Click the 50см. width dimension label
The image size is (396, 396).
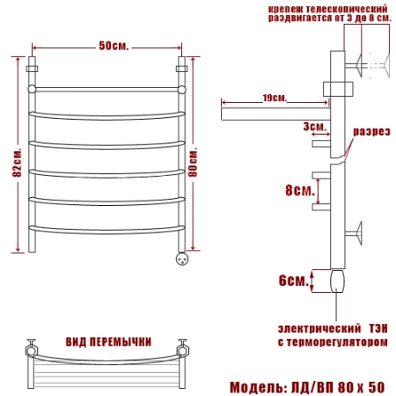click(114, 46)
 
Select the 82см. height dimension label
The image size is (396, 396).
click(17, 162)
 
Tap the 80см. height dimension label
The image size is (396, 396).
click(193, 162)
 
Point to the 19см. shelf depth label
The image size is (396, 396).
click(275, 98)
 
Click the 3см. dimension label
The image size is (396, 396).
click(315, 127)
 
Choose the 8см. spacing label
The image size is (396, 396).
click(300, 190)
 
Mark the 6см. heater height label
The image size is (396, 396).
click(294, 281)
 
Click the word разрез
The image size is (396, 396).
click(371, 132)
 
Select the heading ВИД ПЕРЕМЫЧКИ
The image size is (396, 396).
click(108, 342)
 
